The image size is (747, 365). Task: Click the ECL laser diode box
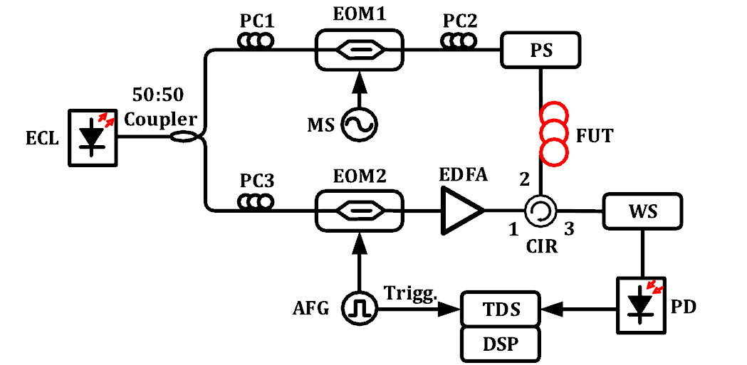pos(93,138)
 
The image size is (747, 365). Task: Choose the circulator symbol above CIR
pos(540,210)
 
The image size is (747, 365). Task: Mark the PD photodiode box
pos(642,306)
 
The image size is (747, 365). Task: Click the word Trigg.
pos(409,292)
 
